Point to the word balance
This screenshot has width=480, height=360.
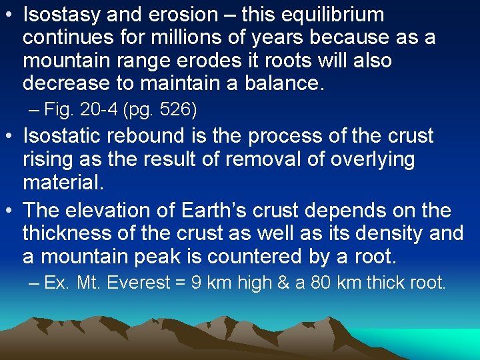click(281, 83)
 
